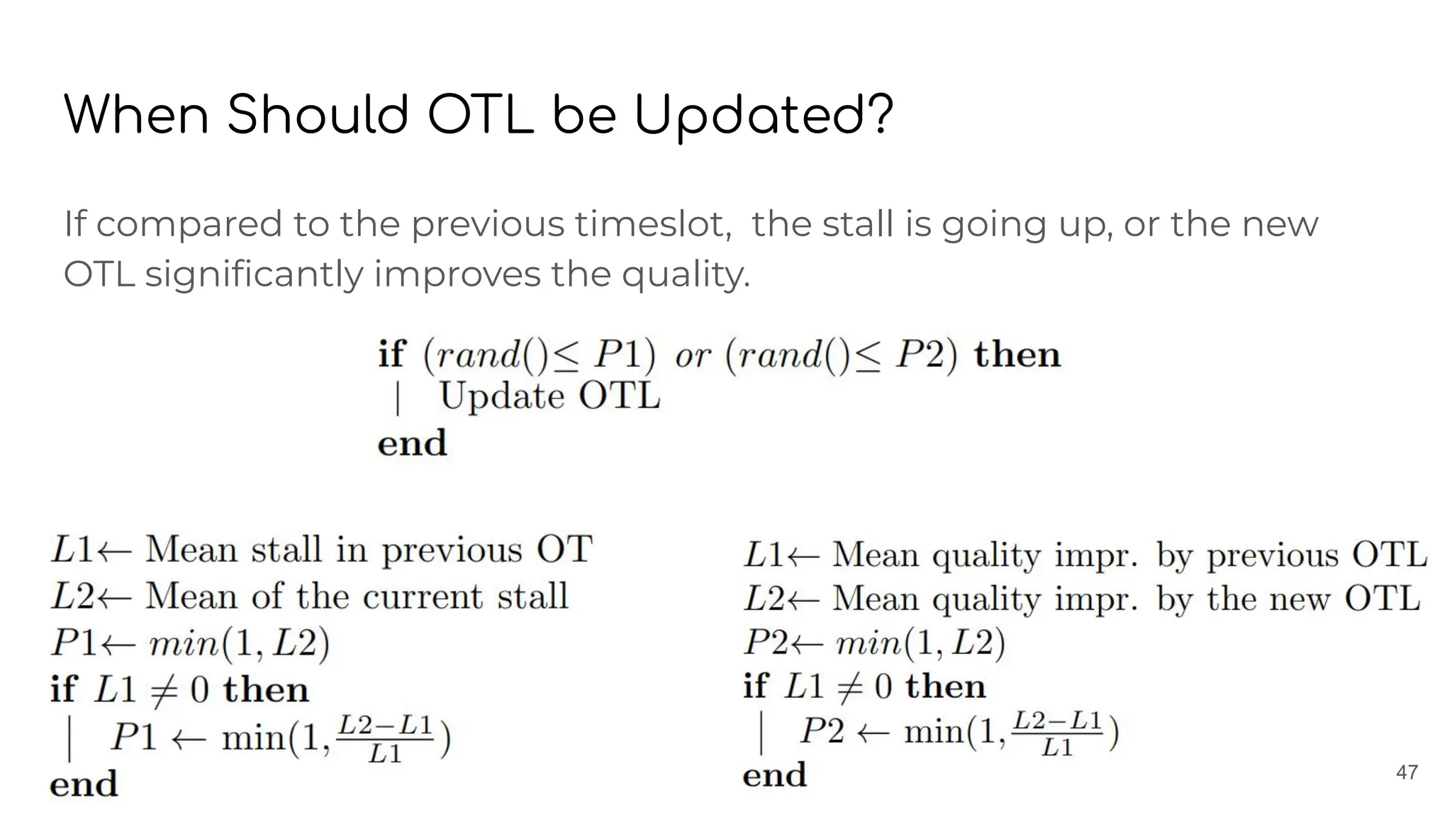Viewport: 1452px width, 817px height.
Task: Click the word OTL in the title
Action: coord(480,115)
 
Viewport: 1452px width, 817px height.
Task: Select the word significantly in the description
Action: coord(254,274)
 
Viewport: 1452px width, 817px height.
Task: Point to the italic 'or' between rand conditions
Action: coord(693,355)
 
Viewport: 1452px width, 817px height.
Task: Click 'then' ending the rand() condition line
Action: coord(1017,354)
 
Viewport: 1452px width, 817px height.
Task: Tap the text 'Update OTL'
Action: coord(549,396)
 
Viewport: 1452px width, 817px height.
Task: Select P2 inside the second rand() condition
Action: coord(920,355)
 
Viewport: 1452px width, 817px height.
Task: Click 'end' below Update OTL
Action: coord(412,443)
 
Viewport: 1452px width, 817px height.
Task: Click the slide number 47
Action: coord(1407,772)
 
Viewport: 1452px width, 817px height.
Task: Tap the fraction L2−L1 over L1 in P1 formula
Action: coord(385,738)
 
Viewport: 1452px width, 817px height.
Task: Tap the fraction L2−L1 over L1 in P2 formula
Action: coord(1056,733)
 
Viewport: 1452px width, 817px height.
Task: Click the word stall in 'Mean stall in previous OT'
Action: coord(286,550)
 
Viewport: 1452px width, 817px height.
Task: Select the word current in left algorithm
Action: coord(423,596)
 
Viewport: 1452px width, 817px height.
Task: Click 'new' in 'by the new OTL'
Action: coord(1299,599)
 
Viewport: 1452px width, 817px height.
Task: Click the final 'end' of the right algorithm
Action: coord(774,774)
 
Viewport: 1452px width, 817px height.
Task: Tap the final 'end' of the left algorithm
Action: coord(84,784)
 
